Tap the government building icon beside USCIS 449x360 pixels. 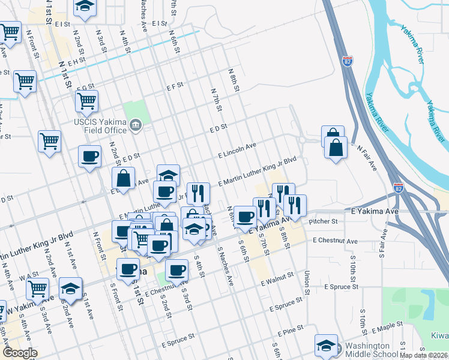coord(135,126)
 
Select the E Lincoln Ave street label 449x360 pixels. coord(237,150)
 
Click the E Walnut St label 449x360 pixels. coord(277,278)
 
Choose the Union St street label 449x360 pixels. coord(307,285)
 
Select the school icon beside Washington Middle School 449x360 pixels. coord(326,344)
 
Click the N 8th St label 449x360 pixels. coord(234,79)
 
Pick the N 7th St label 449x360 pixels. coord(217,100)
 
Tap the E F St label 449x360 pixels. coord(175,86)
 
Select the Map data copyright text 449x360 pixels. coord(424,355)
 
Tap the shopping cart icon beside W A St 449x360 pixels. coord(38,289)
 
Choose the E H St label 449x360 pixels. coord(76,61)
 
